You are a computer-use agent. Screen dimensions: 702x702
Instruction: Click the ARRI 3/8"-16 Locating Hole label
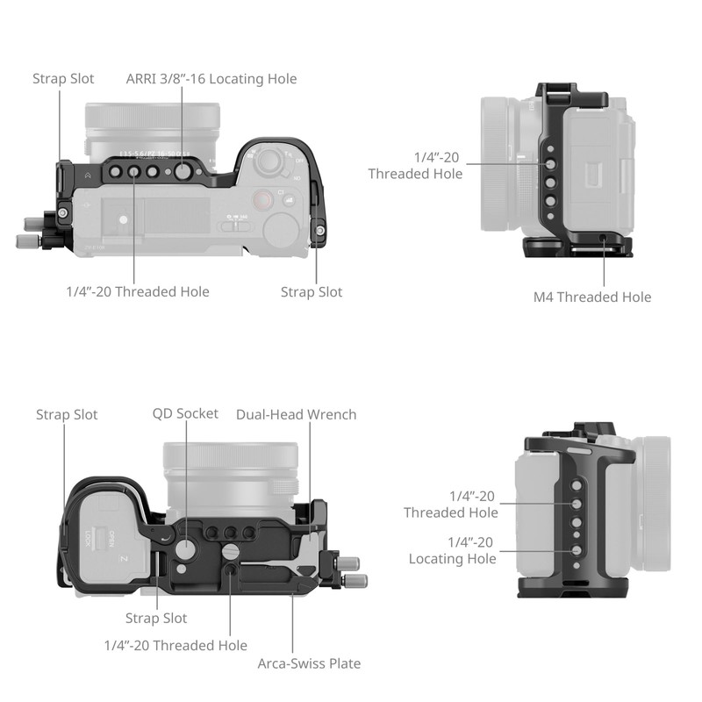point(211,79)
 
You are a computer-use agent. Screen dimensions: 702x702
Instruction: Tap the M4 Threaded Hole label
point(592,297)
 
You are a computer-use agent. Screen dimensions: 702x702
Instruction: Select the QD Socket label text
point(185,413)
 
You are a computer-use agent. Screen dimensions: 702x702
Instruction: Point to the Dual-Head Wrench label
point(296,414)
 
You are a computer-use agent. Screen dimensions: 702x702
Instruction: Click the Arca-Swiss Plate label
point(309,663)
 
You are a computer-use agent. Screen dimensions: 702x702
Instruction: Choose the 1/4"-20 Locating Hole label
point(452,550)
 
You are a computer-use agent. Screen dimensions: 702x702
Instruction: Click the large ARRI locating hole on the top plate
point(182,172)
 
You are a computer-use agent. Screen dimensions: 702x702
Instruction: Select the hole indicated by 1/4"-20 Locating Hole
point(577,550)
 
